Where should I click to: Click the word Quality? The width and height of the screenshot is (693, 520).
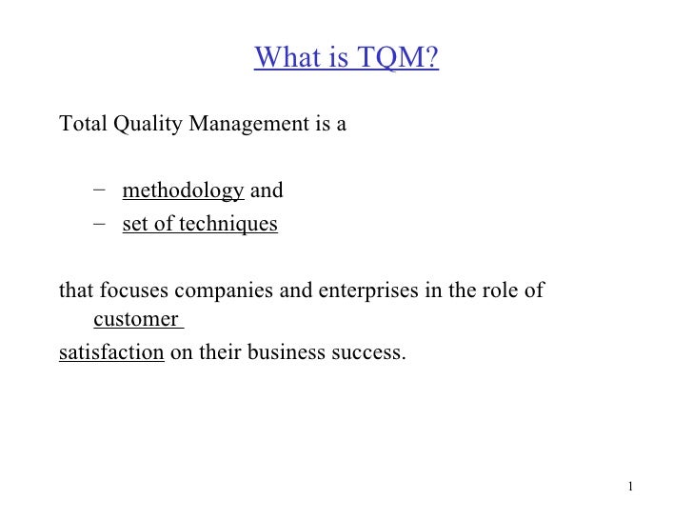click(147, 125)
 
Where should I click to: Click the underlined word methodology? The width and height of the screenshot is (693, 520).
click(183, 191)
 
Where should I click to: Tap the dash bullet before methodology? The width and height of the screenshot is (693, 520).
click(101, 190)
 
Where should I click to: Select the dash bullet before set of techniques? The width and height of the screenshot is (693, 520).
click(101, 224)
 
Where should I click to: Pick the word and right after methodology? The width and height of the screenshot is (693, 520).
click(267, 190)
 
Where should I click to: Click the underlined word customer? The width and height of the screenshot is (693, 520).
click(135, 319)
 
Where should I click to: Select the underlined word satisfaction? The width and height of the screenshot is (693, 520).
click(111, 353)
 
